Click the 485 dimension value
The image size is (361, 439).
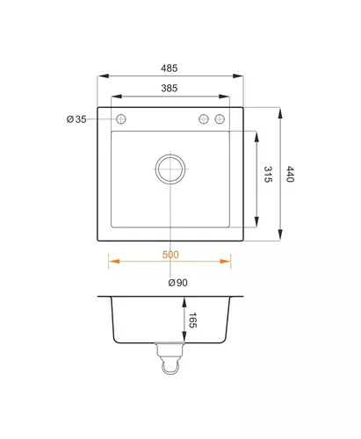[x=169, y=68]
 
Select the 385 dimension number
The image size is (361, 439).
[x=170, y=88]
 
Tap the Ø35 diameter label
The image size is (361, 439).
[x=76, y=119]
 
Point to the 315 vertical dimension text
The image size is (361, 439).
[x=268, y=175]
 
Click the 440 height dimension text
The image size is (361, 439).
[x=290, y=174]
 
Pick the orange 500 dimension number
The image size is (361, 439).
[x=170, y=255]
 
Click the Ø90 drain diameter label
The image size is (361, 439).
[x=178, y=283]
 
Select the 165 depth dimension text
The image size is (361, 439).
[x=192, y=320]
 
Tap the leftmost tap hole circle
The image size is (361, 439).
[x=121, y=119]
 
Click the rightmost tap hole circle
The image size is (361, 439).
[x=220, y=119]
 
